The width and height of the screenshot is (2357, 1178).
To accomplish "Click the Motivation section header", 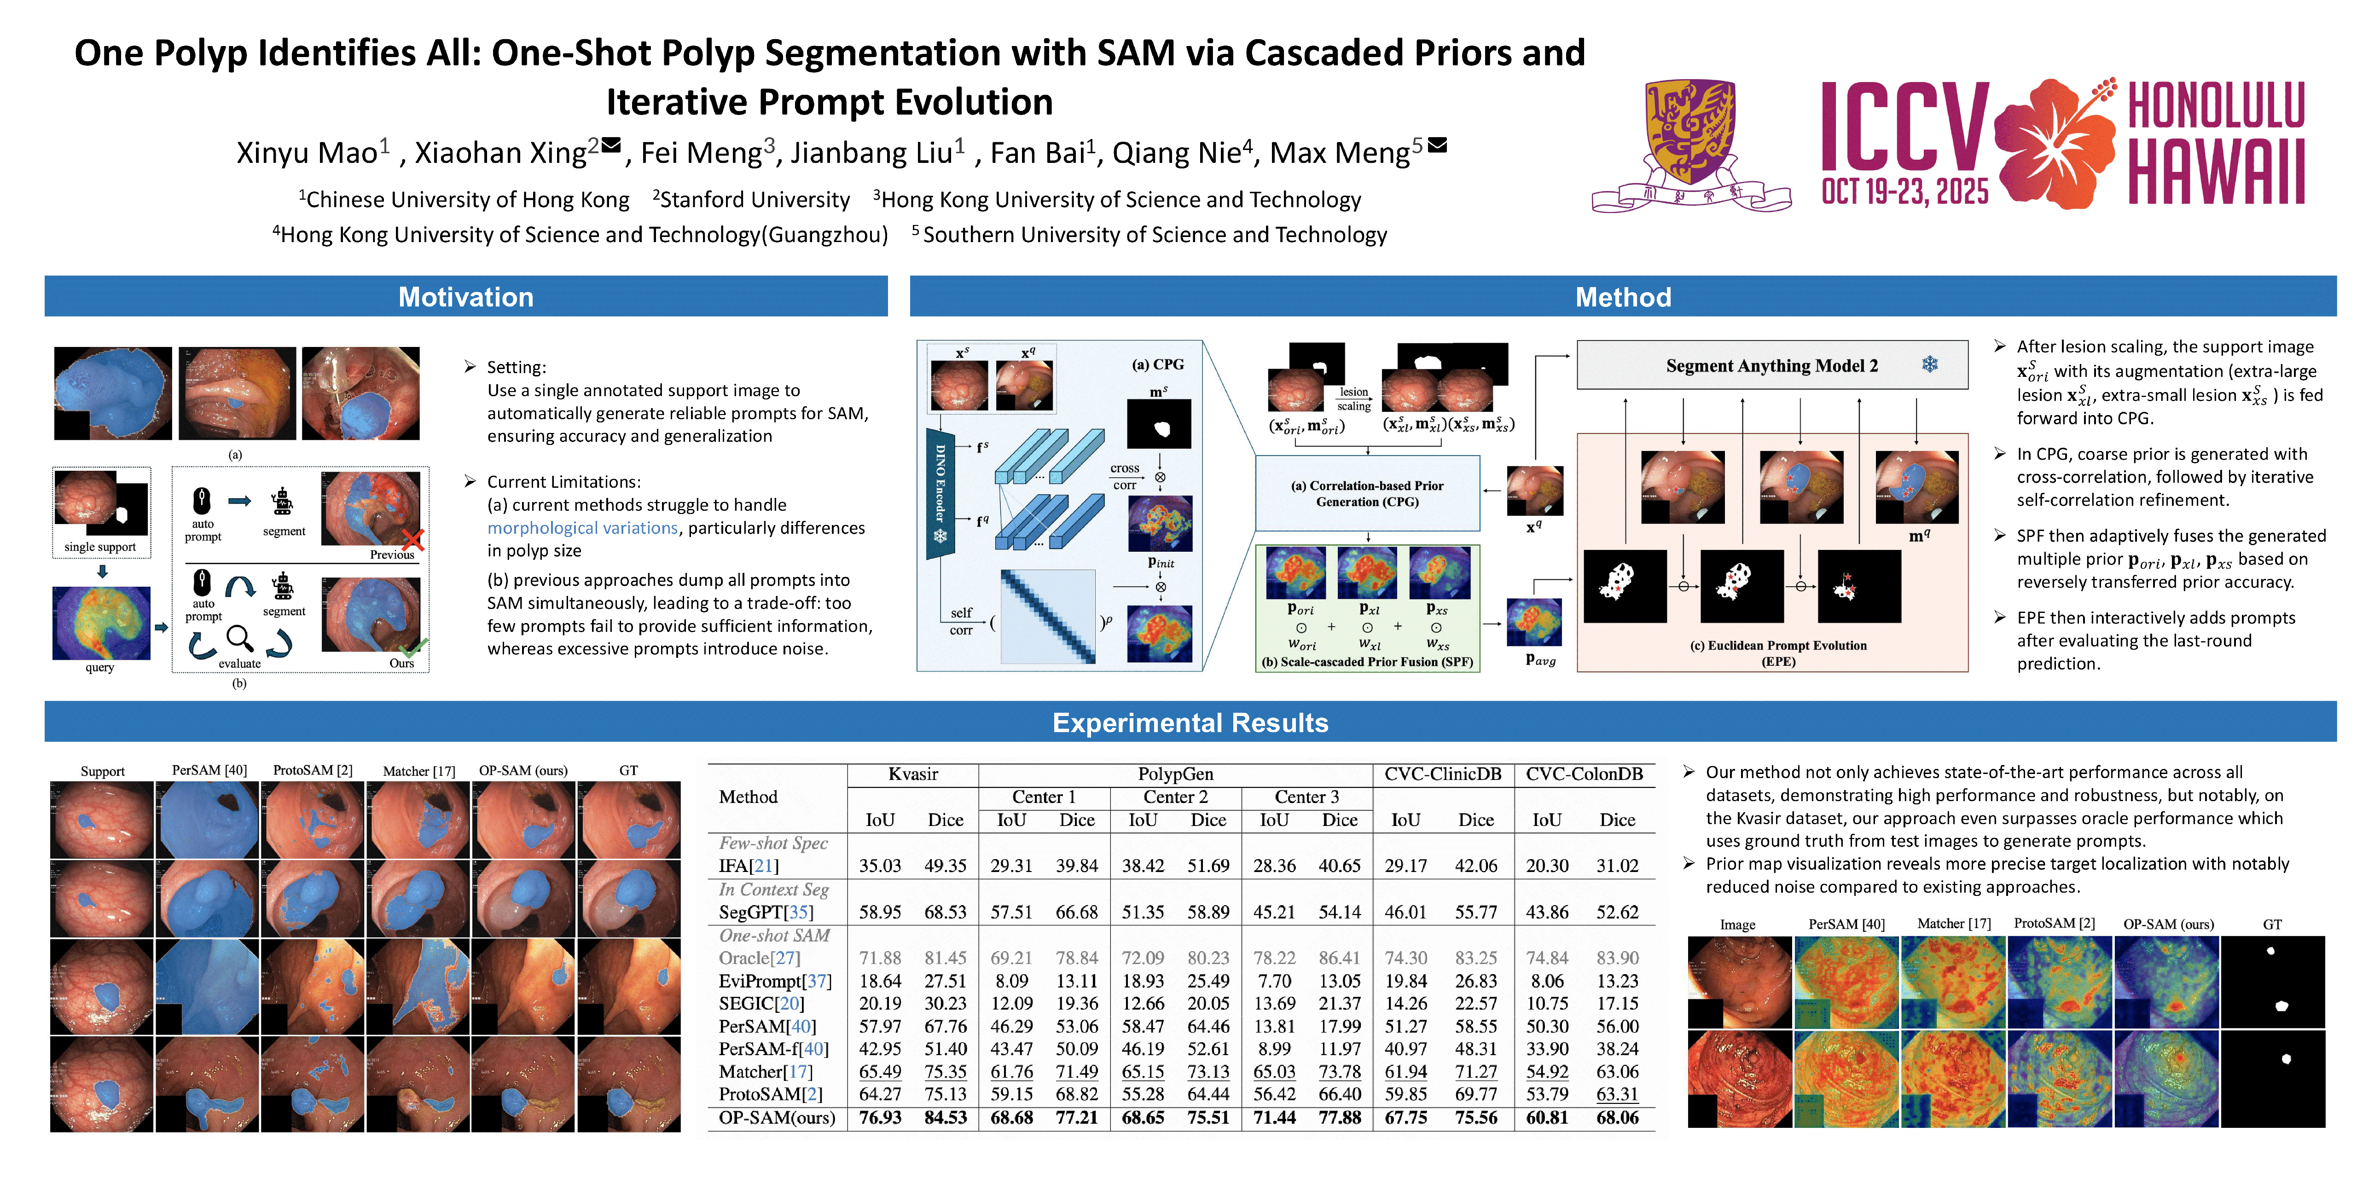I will pyautogui.click(x=466, y=297).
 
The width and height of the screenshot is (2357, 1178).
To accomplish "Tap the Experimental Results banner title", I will pyautogui.click(x=1190, y=722).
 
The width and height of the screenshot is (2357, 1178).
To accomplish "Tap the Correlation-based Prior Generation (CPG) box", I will pyautogui.click(x=1367, y=494).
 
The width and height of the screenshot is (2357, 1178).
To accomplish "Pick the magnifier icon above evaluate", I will pyautogui.click(x=240, y=637).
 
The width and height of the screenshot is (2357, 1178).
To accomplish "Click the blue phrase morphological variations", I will pyautogui.click(x=582, y=528).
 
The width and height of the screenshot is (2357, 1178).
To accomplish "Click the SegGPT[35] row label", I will pyautogui.click(x=766, y=912).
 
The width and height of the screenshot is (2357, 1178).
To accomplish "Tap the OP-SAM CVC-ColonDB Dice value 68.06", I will pyautogui.click(x=1617, y=1118).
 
